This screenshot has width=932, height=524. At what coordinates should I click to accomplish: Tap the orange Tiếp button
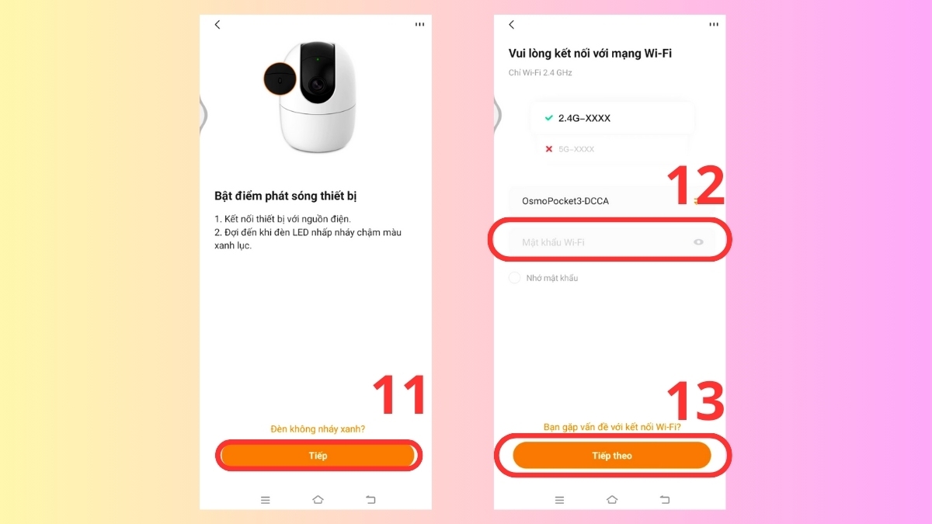[x=318, y=456]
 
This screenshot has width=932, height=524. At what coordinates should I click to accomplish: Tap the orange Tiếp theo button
[x=612, y=456]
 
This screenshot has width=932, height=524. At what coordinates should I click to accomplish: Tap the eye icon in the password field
[x=698, y=242]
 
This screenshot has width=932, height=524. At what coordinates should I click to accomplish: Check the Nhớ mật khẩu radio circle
[x=514, y=278]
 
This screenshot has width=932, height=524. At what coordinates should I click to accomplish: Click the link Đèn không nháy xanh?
[x=318, y=429]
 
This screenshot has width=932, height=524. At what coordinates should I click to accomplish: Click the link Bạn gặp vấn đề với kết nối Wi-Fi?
[x=612, y=427]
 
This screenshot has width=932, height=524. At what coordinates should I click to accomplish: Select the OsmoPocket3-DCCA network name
[x=565, y=201]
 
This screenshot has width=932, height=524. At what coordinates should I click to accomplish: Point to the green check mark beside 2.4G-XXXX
[x=549, y=118]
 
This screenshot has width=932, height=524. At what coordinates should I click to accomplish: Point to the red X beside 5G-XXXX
[x=549, y=149]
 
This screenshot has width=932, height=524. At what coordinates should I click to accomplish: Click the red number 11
[x=399, y=394]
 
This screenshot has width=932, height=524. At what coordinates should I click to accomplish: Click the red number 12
[x=696, y=185]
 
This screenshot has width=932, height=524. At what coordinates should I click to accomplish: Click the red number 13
[x=696, y=401]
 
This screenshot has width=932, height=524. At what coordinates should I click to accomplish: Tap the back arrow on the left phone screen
[x=217, y=25]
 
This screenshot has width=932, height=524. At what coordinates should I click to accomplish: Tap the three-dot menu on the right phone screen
[x=714, y=25]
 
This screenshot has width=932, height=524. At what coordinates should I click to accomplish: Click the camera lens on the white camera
[x=318, y=85]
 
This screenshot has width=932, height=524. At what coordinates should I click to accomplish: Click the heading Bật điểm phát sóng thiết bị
[x=286, y=196]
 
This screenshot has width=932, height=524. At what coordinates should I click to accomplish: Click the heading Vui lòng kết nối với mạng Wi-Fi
[x=590, y=54]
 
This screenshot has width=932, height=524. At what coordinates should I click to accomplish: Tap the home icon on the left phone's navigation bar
[x=318, y=499]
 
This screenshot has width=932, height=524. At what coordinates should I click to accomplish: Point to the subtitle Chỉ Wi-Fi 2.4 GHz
[x=540, y=73]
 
